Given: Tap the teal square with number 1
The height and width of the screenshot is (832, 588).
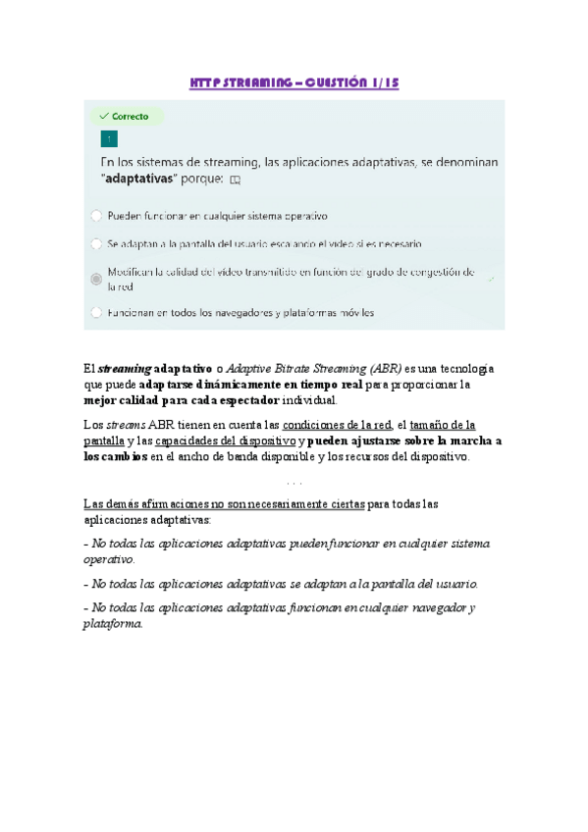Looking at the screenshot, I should (109, 138).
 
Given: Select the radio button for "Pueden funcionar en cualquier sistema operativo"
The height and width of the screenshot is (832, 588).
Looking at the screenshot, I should (95, 215).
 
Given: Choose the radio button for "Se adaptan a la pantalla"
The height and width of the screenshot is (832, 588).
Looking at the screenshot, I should (95, 242).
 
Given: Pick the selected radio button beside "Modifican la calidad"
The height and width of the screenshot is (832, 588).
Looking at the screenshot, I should (95, 279).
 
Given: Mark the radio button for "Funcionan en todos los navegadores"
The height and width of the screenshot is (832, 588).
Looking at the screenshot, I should (95, 313).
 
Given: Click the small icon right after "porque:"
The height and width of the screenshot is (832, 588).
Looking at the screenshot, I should (235, 181).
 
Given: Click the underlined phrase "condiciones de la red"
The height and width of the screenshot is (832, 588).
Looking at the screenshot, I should (337, 425).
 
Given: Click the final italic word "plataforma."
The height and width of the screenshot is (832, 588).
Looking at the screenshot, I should (113, 624).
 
